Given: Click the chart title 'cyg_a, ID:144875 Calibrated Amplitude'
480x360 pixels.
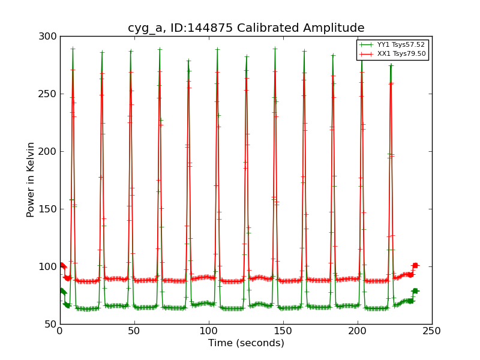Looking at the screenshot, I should [246, 28].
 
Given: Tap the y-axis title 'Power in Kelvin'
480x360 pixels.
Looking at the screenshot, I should [31, 179].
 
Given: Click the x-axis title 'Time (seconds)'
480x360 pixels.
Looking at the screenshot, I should [246, 343].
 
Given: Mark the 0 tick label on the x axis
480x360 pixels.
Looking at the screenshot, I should [60, 331].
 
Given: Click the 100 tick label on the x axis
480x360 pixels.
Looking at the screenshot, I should [209, 331].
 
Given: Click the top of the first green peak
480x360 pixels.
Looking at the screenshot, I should [73, 49].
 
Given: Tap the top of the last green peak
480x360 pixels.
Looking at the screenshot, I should [391, 65].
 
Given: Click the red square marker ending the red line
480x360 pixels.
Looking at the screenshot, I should [415, 265].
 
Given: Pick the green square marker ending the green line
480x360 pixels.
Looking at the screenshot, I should [415, 291].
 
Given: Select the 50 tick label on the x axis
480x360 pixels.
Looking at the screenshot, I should [134, 331].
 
